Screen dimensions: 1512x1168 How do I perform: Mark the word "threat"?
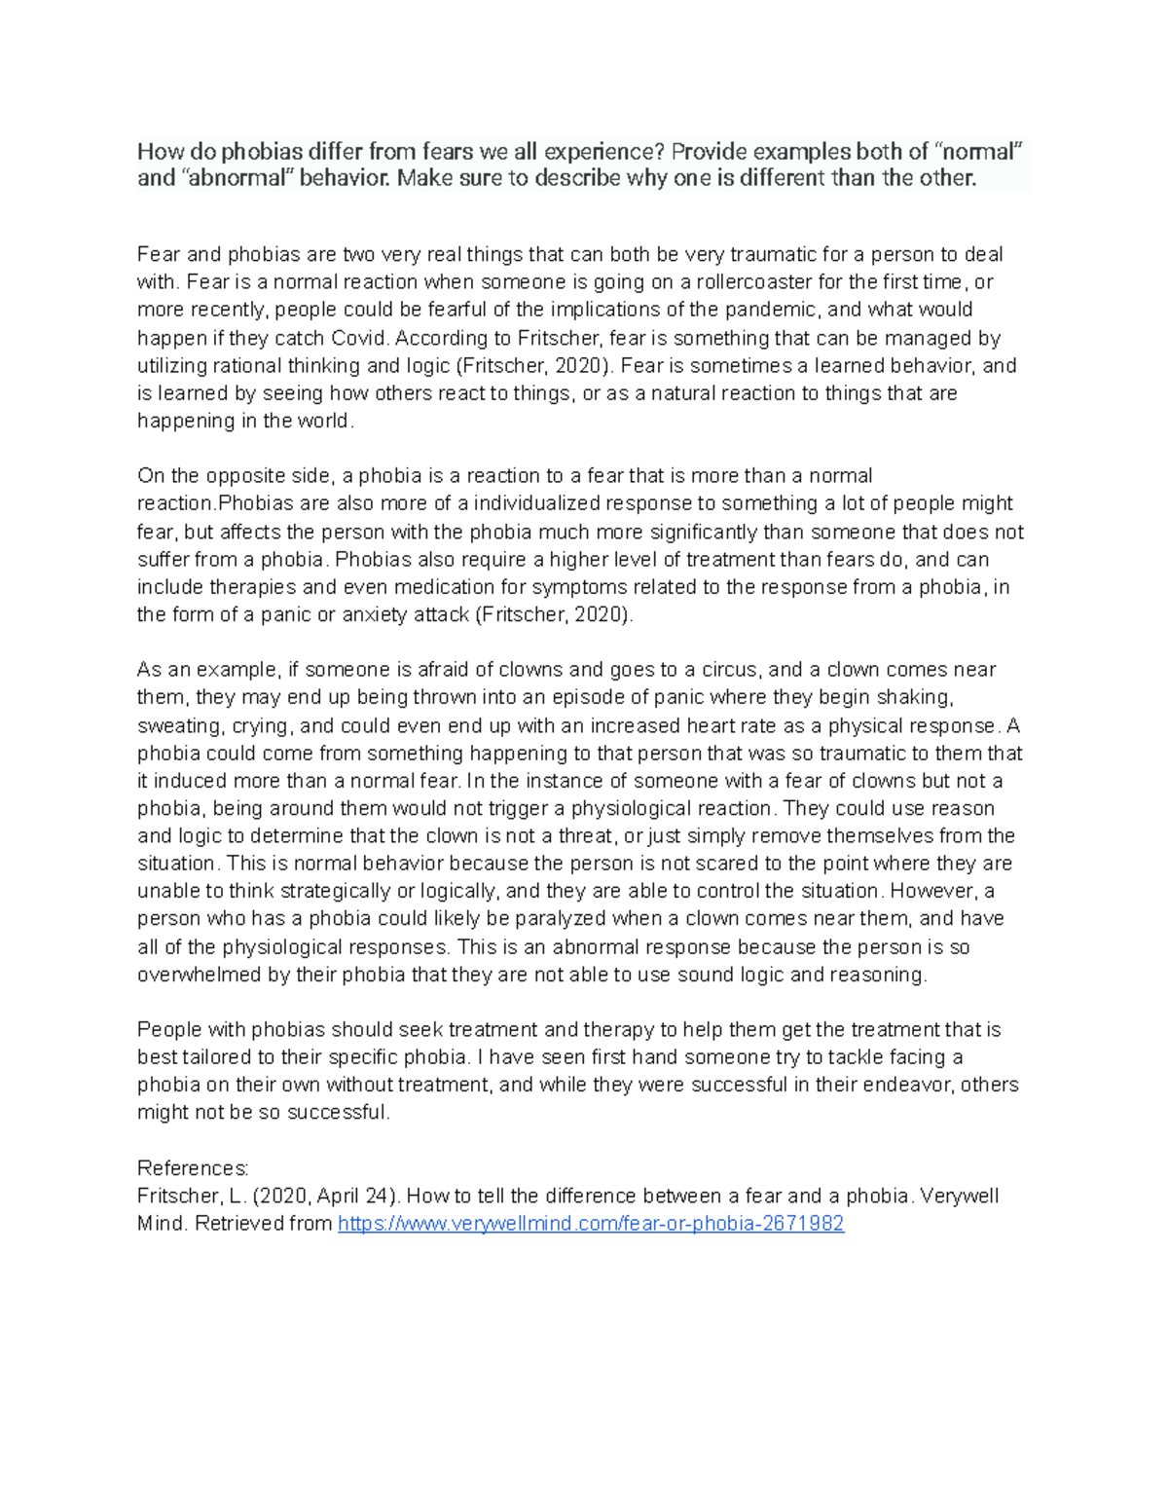582,836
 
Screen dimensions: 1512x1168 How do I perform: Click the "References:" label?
193,1168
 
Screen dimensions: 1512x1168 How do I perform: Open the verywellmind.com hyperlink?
590,1224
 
